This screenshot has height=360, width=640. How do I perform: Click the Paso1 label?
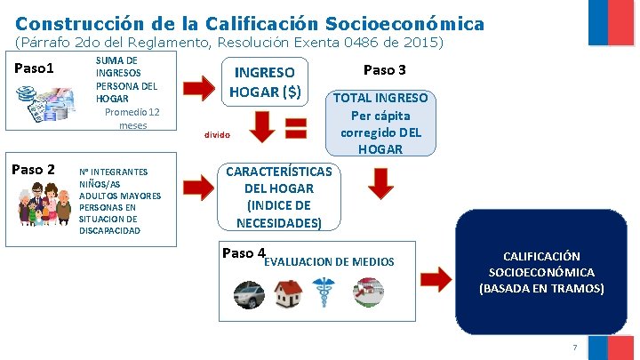coord(35,68)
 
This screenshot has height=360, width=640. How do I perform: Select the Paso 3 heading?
coord(385,69)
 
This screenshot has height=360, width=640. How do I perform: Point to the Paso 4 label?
coord(244,253)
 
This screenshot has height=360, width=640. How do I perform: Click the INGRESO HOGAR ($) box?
coord(266,81)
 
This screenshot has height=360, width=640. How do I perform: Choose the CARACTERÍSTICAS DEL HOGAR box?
coord(279,196)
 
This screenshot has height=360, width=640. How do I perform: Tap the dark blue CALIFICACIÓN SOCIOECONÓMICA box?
coord(541,272)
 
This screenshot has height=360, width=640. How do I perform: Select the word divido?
coord(217,135)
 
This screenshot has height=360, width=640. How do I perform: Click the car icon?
coord(250,292)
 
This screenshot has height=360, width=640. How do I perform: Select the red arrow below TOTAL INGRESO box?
coord(380,183)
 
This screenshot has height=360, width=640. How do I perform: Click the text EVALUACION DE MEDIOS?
coord(329,261)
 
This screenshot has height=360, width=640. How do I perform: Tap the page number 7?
coord(575,346)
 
